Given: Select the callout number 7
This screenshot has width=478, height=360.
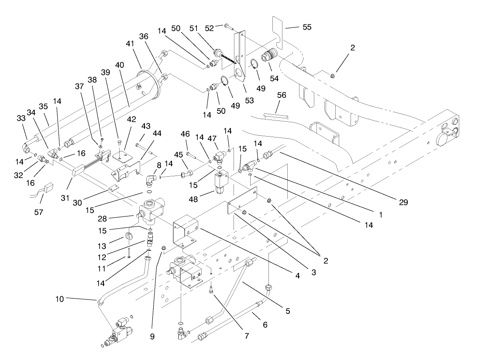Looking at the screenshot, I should [247, 336].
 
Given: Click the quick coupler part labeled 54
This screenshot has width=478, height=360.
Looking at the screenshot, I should [267, 58].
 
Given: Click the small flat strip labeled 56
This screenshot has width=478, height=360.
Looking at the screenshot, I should [276, 116].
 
